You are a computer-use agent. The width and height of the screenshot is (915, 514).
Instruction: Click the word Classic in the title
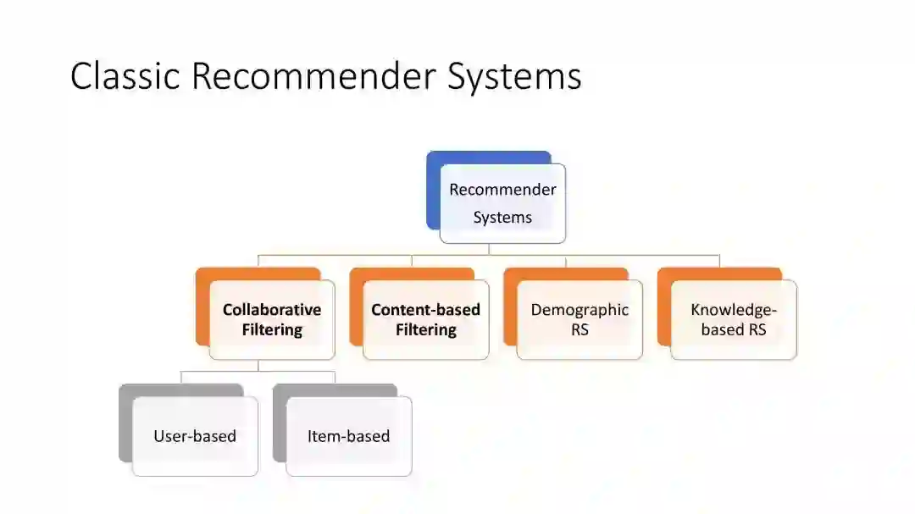click(125, 76)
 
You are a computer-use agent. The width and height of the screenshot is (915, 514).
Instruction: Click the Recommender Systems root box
click(502, 203)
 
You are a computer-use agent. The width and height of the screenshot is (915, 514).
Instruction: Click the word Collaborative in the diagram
click(272, 310)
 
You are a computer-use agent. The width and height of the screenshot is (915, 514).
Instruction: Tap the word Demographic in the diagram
click(579, 310)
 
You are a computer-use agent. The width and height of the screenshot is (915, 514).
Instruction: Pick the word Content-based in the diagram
click(425, 310)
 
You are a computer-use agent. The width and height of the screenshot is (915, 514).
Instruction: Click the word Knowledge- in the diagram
click(734, 310)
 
